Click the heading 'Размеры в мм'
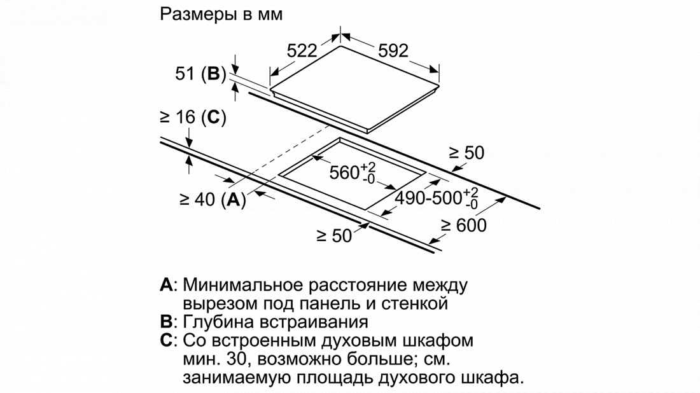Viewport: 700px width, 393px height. click(221, 14)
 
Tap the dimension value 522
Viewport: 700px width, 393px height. click(302, 50)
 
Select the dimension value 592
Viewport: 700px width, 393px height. click(393, 50)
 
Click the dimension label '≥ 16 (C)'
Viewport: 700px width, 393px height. click(193, 117)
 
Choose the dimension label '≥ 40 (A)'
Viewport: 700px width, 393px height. click(213, 200)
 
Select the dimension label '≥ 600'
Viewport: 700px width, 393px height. click(463, 225)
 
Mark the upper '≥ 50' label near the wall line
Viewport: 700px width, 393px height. click(466, 153)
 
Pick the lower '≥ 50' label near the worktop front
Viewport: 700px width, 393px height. click(334, 235)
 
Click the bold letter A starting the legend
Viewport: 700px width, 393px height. click(166, 285)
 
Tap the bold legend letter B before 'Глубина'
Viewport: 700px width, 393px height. click(166, 322)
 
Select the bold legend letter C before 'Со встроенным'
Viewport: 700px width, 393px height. click(166, 340)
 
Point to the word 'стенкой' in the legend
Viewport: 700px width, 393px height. click(414, 303)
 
